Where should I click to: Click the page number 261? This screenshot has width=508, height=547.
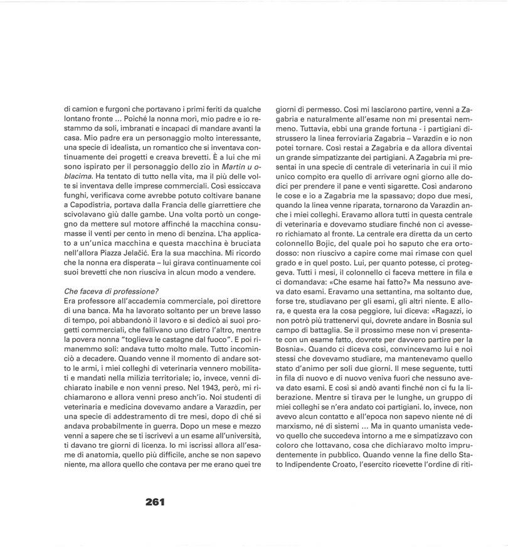pos(154,501)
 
